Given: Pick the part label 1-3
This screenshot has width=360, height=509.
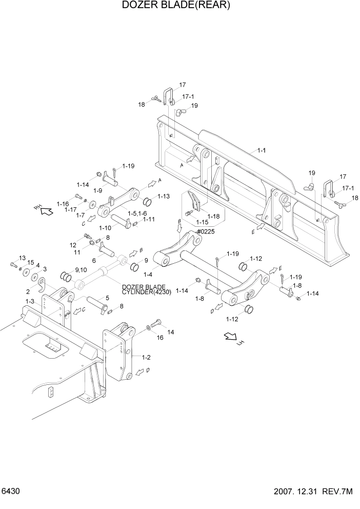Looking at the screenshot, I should click(29, 301).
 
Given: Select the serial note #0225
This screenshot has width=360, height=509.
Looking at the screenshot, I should click(205, 231).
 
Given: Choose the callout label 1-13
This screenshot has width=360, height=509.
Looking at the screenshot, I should click(164, 196).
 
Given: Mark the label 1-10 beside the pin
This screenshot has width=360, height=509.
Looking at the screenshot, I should click(105, 227).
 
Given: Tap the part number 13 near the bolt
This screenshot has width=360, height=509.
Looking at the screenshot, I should click(22, 258).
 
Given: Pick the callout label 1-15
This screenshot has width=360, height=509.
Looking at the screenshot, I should click(203, 222).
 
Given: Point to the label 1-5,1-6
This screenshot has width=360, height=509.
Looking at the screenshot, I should click(137, 213).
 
